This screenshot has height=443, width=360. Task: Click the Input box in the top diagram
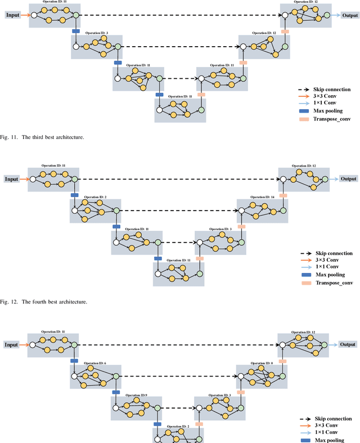pos(12,15)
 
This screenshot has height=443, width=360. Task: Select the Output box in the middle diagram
pos(348,179)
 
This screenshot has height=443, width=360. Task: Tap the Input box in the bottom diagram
pos(12,344)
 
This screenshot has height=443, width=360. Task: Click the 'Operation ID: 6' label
pos(93,363)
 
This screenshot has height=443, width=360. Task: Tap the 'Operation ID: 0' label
pos(261,363)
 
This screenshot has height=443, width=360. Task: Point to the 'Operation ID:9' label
pos(136,395)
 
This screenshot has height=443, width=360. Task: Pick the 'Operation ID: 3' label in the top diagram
pos(96,33)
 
